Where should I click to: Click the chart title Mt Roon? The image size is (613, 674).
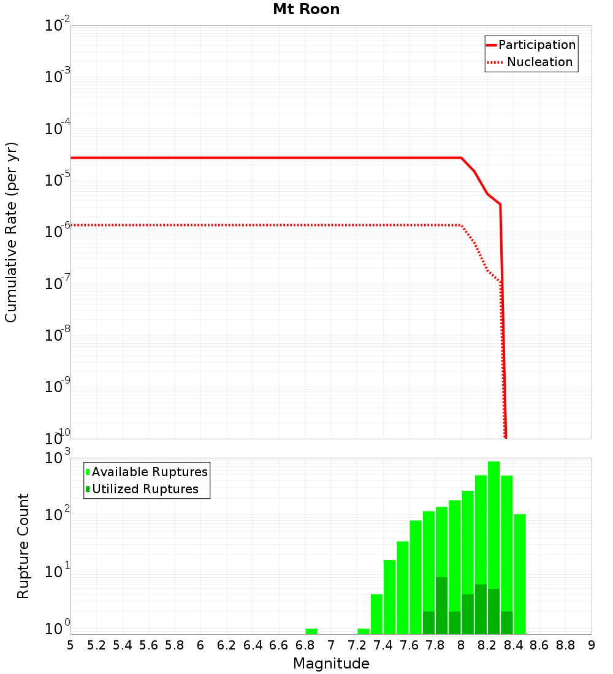point(306,10)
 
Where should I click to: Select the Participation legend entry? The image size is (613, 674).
point(536,45)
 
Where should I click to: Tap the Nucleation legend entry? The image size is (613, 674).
point(539,62)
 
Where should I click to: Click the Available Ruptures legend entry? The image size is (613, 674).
point(150,472)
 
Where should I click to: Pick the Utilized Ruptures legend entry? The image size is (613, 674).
point(145,489)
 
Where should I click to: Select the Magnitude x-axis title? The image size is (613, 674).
point(331,664)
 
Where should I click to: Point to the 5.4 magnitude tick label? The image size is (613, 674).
point(123,645)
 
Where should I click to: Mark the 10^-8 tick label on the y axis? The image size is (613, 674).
point(58,334)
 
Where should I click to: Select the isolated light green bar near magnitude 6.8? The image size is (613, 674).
point(311,631)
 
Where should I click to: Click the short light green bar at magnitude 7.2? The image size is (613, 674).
point(364,631)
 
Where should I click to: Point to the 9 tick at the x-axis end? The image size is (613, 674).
point(592,645)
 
